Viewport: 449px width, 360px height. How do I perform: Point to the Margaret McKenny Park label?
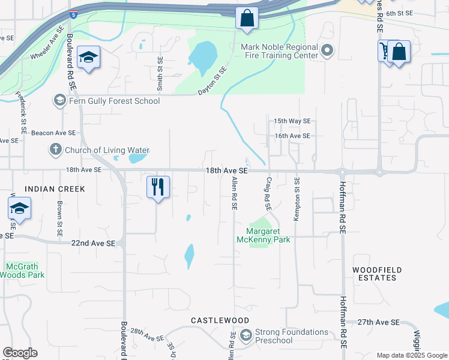click(x=268, y=235)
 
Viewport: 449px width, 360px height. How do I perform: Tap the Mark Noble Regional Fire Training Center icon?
click(x=327, y=51)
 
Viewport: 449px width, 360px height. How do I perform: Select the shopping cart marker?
click(x=385, y=51)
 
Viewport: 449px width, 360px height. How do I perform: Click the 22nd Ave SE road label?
click(x=93, y=243)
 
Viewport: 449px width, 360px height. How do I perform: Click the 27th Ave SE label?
click(x=379, y=322)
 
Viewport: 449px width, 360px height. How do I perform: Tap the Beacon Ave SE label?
click(x=53, y=133)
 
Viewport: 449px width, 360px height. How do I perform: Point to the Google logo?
click(x=20, y=353)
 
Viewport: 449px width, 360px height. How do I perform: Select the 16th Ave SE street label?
click(x=292, y=136)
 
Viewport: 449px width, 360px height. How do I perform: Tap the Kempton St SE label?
click(x=296, y=199)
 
